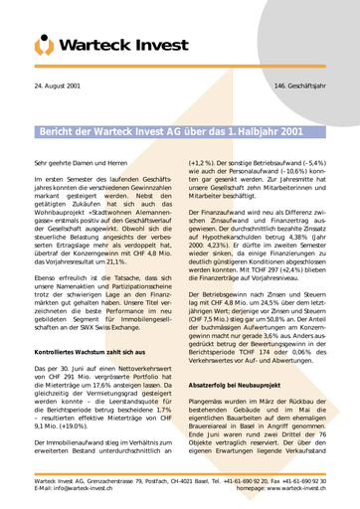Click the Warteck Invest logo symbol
click(x=46, y=43)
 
